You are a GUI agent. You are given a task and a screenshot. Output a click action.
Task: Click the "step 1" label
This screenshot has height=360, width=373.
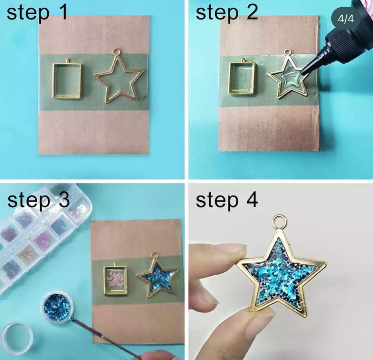(x=37, y=13)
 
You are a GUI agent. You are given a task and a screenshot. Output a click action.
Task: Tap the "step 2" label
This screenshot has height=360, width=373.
(x=227, y=13)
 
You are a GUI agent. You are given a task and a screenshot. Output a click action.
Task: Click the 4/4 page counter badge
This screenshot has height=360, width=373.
(x=346, y=19)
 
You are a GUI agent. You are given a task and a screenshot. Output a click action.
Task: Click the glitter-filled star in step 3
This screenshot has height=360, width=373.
(x=157, y=277)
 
